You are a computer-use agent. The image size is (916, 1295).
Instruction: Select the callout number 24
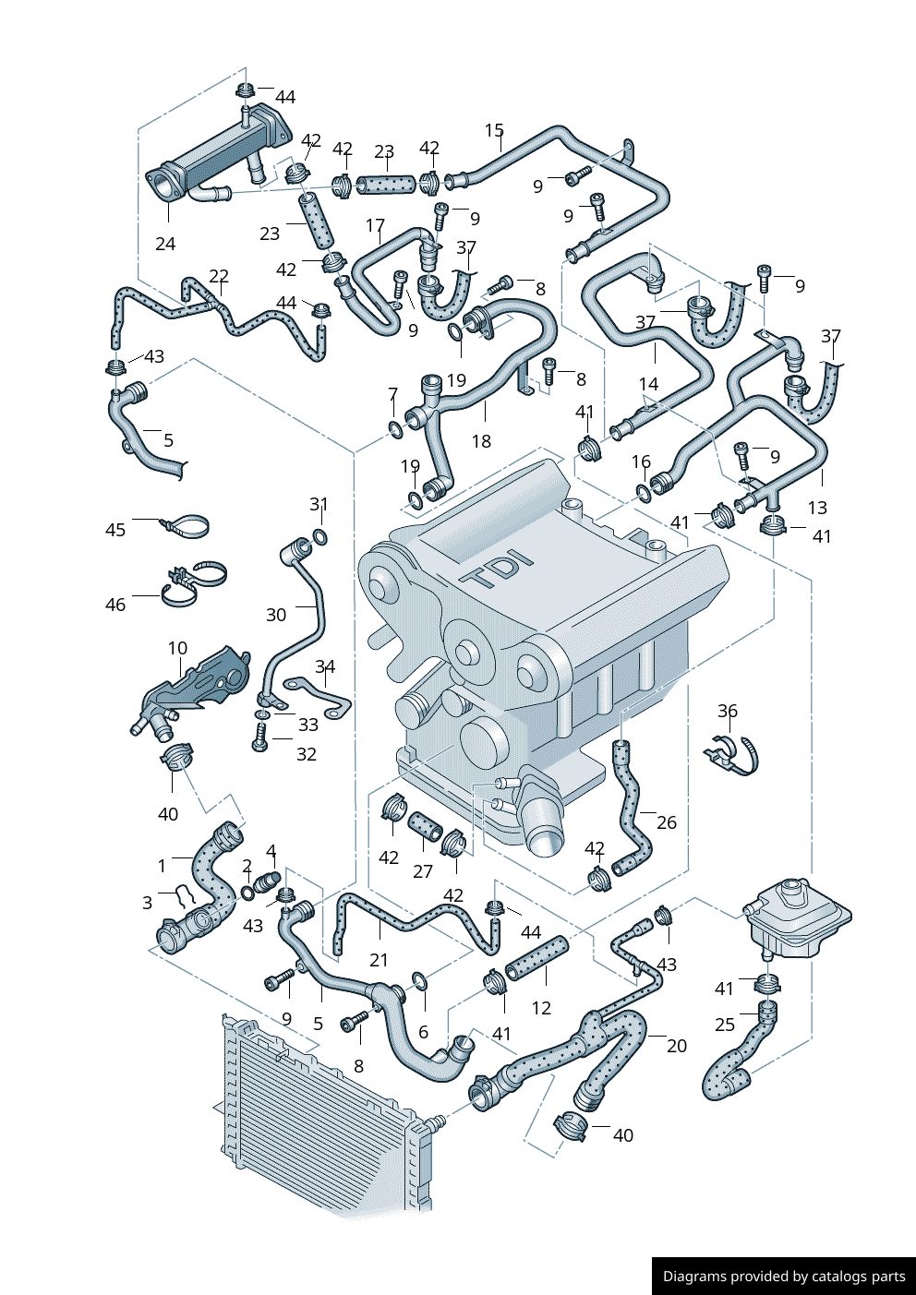[165, 244]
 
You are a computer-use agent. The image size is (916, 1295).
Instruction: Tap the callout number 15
[494, 131]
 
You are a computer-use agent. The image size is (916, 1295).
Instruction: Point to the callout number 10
[178, 648]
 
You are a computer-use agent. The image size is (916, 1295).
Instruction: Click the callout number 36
[728, 711]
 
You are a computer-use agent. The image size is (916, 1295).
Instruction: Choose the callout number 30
[276, 615]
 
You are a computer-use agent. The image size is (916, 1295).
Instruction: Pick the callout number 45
[115, 530]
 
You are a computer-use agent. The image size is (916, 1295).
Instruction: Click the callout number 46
[115, 605]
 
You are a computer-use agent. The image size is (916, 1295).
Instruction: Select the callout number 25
[725, 1025]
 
